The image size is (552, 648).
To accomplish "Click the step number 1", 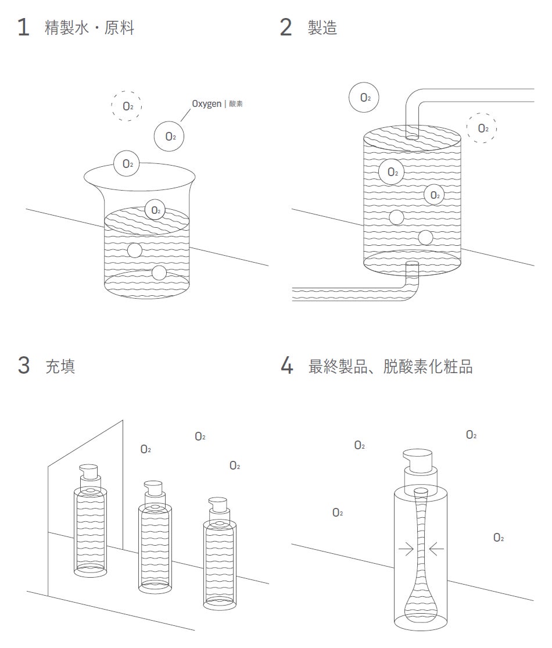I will pos(23,27).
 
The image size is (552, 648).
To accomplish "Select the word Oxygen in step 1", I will pos(206,103).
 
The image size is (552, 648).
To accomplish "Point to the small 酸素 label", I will pos(235,104).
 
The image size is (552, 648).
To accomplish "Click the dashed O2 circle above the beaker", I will pos(127,106).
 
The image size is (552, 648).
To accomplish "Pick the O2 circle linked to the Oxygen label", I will pos(169,137).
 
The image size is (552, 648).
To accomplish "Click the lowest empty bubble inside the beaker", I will pos(159,273).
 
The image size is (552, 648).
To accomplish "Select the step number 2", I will pos(285,27).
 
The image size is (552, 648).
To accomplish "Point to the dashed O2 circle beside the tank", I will pos(482,128).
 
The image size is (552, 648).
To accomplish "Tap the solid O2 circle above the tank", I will pos(364,98).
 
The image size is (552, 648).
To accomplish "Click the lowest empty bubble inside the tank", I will pos(426,237).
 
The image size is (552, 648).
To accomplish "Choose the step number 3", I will pos(23,366).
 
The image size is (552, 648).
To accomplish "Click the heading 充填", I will pos(60,367).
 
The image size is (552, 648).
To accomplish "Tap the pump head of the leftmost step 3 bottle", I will pos(89,470).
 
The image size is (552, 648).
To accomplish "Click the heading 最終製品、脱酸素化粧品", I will pos(390,367).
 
